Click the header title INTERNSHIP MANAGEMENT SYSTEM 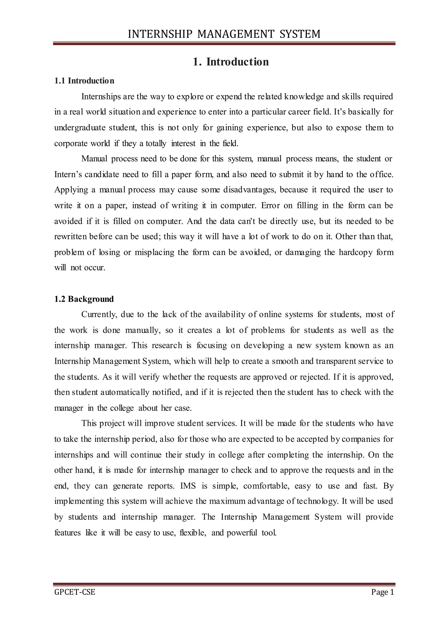click(x=224, y=34)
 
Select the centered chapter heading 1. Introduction click(x=231, y=62)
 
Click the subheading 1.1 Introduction click(x=84, y=81)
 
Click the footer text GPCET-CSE click(x=74, y=592)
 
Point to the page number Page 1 click(x=383, y=592)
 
